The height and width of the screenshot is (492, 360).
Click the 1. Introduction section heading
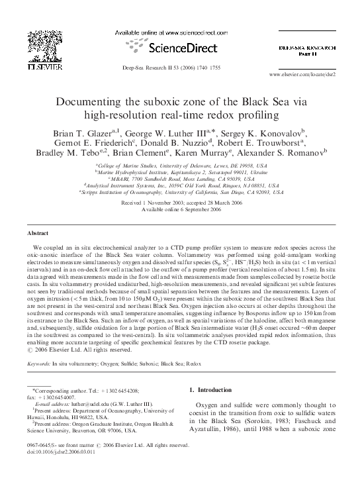click(216, 410)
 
